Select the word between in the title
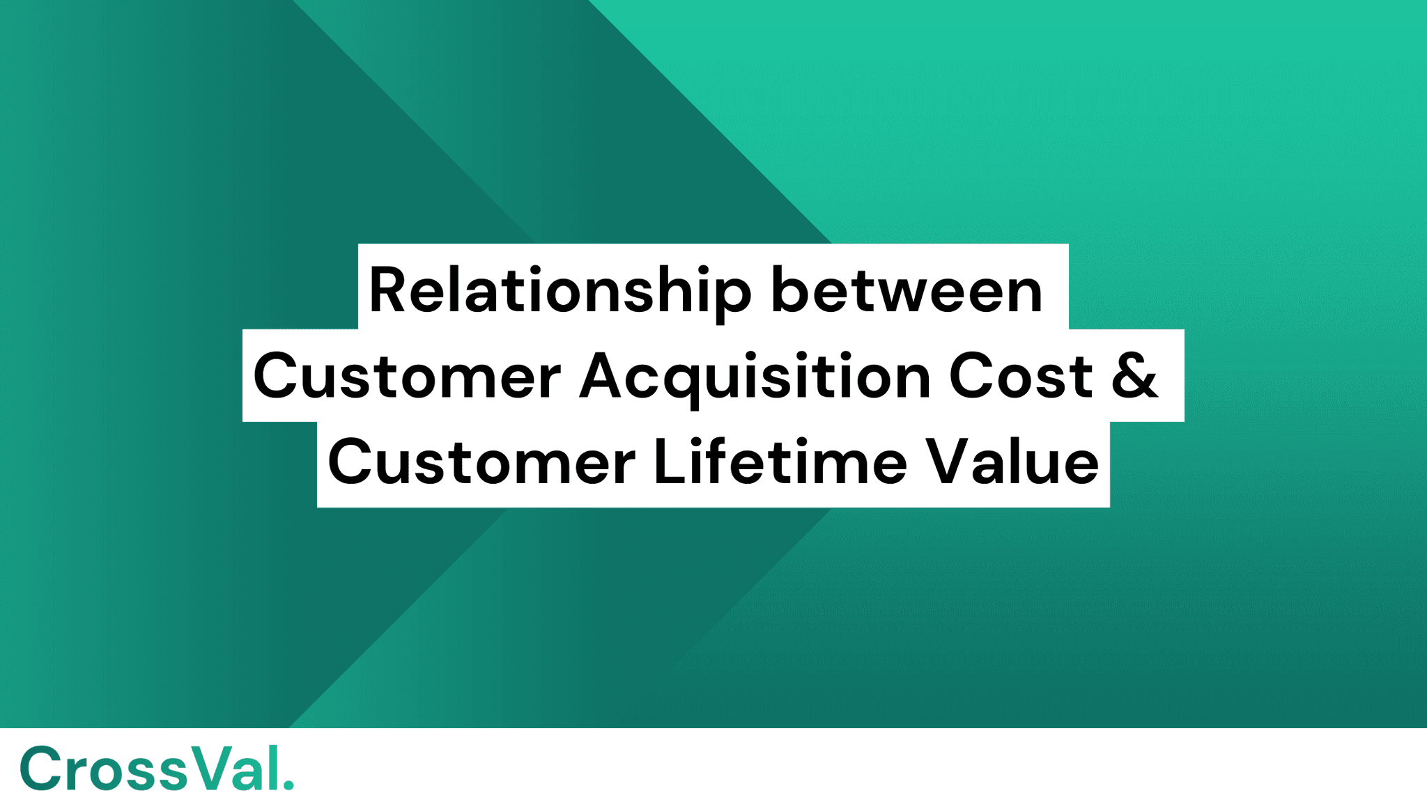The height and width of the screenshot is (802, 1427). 907,291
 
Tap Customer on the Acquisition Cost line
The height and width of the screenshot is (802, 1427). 407,377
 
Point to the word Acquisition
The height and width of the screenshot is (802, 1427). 755,377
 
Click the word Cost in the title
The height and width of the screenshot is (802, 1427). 1020,377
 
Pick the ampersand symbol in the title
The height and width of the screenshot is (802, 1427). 1134,377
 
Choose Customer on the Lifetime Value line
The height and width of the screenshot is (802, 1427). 481,463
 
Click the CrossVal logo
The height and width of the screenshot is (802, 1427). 157,769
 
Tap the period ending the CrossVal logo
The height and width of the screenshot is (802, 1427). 289,786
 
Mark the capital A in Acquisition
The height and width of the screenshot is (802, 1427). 601,377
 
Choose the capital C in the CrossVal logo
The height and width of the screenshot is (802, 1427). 40,769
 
